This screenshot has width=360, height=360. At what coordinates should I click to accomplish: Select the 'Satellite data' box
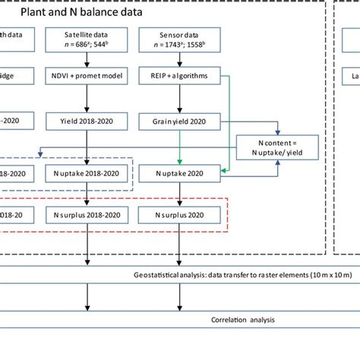point(90,38)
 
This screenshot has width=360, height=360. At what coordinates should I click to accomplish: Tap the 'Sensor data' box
point(178,38)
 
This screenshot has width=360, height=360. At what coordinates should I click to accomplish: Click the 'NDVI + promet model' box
point(90,77)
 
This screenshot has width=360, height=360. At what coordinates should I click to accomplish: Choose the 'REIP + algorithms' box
point(178,77)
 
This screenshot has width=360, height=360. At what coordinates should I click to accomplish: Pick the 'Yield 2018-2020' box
point(90,120)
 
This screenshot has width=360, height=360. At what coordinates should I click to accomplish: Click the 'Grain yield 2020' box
point(178,120)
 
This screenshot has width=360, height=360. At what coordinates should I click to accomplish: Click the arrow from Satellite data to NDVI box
point(90,58)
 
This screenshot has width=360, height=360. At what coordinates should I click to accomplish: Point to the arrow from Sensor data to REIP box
point(178,58)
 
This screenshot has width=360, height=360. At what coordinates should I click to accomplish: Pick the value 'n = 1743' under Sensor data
point(167,43)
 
